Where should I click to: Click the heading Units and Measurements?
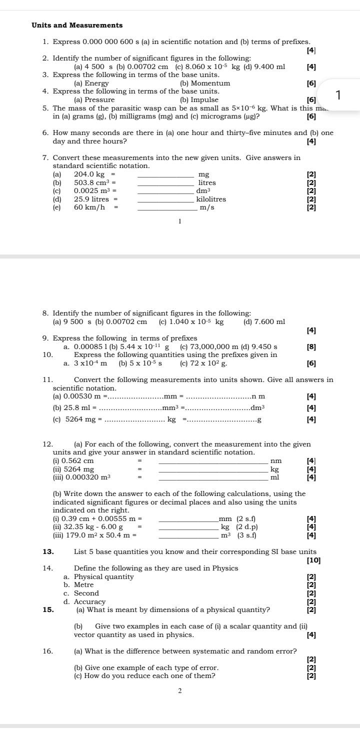tap(77, 25)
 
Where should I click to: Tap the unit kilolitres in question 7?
tap(211, 199)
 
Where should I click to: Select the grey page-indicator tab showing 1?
tap(338, 94)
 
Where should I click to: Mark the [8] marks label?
tap(311, 346)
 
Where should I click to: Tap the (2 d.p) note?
tap(247, 527)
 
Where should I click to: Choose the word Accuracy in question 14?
tap(89, 602)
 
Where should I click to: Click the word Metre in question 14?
tap(83, 585)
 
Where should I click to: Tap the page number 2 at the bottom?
tap(180, 691)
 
